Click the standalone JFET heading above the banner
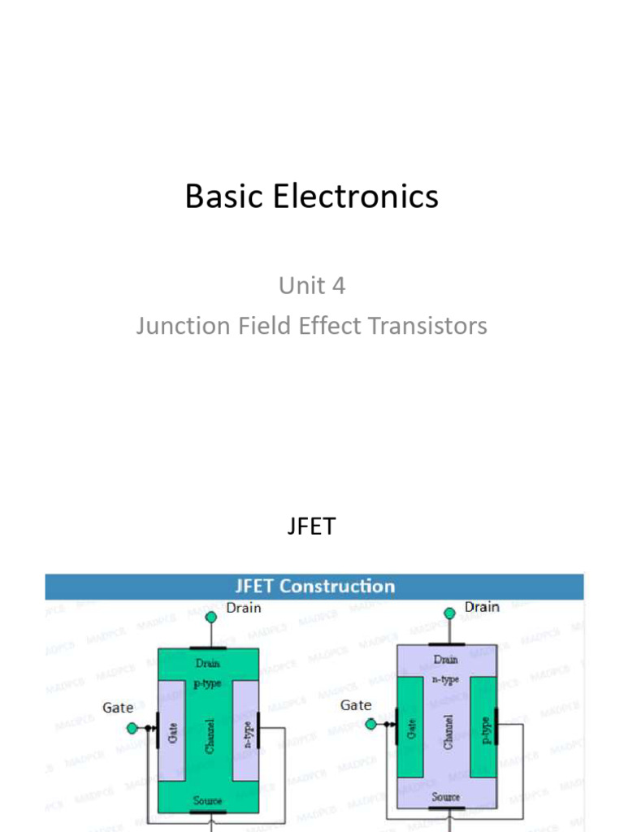coord(311,526)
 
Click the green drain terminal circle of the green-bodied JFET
coord(210,617)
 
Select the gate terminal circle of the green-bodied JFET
coord(132,728)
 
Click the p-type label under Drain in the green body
coord(207,683)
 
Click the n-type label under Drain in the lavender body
coord(445,679)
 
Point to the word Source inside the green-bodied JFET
coord(208,801)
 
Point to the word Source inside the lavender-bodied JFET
coord(446,797)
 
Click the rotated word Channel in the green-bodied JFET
coord(210,734)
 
